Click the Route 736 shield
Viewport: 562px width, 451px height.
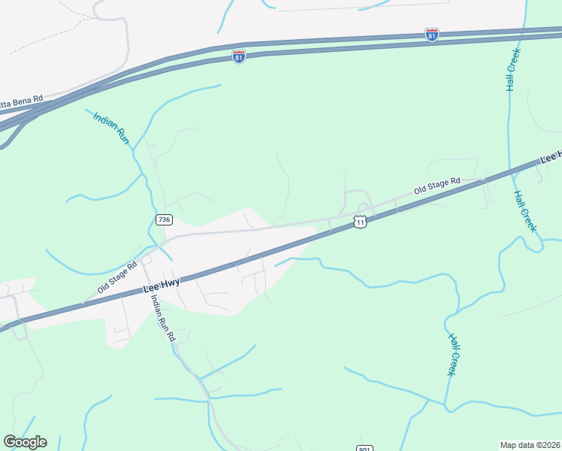point(164,219)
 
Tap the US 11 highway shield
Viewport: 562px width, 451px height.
point(361,222)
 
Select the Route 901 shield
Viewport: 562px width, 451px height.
point(364,446)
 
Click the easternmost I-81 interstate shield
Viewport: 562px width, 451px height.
point(431,35)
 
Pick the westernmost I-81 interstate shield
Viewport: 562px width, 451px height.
point(238,57)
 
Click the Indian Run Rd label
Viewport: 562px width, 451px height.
point(162,318)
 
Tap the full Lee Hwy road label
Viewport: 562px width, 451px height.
point(162,286)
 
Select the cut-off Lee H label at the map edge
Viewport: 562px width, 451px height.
point(551,156)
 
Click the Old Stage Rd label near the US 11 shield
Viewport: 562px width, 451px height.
point(436,186)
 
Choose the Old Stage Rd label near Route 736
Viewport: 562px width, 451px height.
point(117,277)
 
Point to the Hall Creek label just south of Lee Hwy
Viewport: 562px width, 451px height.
point(526,210)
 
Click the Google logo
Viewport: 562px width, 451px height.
point(25,442)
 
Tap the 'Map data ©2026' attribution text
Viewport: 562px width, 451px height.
point(529,445)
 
